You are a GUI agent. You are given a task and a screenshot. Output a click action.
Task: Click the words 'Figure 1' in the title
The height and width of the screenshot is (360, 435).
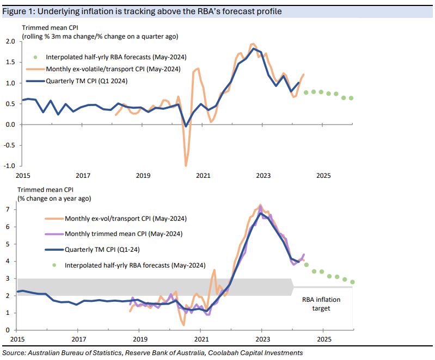point(19,11)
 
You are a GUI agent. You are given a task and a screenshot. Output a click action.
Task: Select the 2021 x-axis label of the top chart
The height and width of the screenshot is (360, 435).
point(203,176)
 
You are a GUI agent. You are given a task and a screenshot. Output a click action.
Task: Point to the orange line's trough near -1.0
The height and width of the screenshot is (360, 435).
point(186,165)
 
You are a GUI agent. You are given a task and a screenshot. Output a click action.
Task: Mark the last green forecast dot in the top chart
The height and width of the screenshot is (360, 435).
point(351,98)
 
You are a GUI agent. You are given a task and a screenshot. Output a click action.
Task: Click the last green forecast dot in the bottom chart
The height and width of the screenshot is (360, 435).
point(352,282)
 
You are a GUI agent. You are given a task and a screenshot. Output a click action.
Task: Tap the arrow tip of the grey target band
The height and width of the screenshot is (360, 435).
point(294,287)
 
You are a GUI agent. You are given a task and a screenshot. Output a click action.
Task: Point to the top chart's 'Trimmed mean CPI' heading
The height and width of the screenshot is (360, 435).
point(45,28)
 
